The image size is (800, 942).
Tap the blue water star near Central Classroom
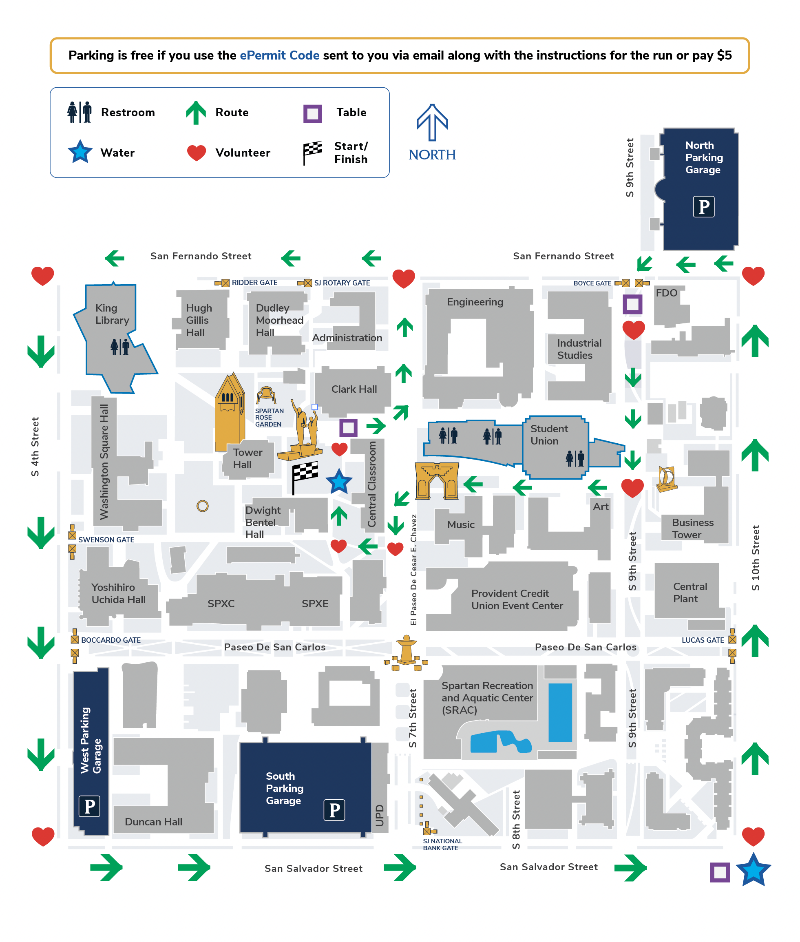pyautogui.click(x=339, y=482)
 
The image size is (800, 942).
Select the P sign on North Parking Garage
pyautogui.click(x=703, y=207)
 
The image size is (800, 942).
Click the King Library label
pyautogui.click(x=112, y=314)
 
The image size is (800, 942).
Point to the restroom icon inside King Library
pyautogui.click(x=120, y=347)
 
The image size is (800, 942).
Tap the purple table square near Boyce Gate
pyautogui.click(x=632, y=304)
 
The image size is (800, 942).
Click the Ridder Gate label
pyautogui.click(x=254, y=283)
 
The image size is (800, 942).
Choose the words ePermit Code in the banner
pyautogui.click(x=279, y=55)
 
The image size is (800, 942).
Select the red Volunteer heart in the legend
pyautogui.click(x=197, y=153)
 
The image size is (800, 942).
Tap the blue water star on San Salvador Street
pyautogui.click(x=753, y=870)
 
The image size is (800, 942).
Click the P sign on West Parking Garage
pyautogui.click(x=89, y=806)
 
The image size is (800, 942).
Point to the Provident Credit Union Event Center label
pyautogui.click(x=517, y=599)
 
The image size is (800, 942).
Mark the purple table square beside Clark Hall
pyautogui.click(x=348, y=427)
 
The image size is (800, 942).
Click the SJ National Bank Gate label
pyautogui.click(x=442, y=844)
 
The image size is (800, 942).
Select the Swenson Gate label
pyautogui.click(x=106, y=540)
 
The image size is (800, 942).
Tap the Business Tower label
pyautogui.click(x=692, y=528)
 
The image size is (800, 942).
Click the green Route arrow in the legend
pyautogui.click(x=196, y=113)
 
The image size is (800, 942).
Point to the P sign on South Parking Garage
pyautogui.click(x=334, y=809)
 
